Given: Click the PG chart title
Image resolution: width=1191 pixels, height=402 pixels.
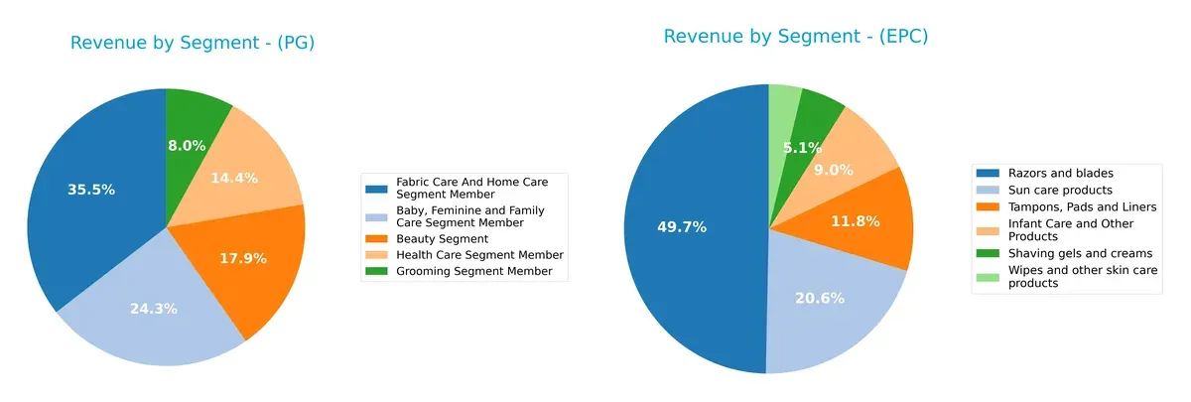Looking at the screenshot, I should (x=192, y=43).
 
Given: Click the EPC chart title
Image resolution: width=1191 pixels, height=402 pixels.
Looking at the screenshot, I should (x=795, y=37).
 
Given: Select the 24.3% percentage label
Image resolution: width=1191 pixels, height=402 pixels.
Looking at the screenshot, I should (x=154, y=309).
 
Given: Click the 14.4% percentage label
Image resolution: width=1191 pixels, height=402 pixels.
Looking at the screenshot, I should (x=234, y=179).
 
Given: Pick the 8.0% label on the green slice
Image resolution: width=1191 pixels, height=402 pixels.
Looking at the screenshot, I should (x=187, y=146).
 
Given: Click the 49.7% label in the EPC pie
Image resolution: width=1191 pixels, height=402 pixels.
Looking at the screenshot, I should (x=682, y=227).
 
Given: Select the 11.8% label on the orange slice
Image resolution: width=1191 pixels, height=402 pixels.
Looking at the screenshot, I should (x=855, y=221).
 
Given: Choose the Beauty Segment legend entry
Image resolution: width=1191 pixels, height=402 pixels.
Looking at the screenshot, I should (x=442, y=239).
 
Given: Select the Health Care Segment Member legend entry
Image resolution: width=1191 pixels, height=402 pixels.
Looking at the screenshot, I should (x=479, y=255).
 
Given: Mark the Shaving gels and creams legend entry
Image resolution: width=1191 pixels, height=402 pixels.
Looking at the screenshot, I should (x=1066, y=253).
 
